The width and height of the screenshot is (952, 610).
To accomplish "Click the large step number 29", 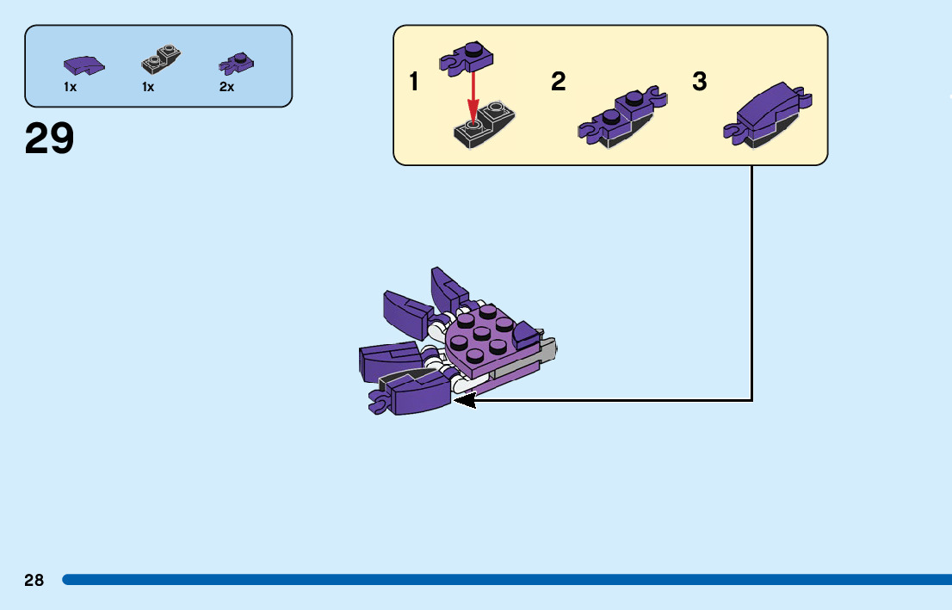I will coord(50,139).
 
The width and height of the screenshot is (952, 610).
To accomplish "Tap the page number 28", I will coord(34,580).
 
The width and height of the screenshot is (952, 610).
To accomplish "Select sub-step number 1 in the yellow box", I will coord(414,83).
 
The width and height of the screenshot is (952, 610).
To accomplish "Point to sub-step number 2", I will coord(559,83).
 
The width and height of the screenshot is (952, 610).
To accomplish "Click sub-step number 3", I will coord(700,83).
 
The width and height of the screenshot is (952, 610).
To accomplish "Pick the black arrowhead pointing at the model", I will coord(465,400).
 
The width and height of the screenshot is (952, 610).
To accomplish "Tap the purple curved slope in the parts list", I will coord(83,65).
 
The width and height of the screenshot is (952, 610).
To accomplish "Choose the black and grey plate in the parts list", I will coord(161,60).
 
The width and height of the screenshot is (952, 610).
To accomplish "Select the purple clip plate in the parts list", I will coord(237,63).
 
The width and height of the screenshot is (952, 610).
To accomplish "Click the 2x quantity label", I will coord(226,87).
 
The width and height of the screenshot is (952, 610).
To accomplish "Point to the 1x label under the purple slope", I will coord(70,87).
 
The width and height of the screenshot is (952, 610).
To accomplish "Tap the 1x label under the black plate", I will coord(148,87).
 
